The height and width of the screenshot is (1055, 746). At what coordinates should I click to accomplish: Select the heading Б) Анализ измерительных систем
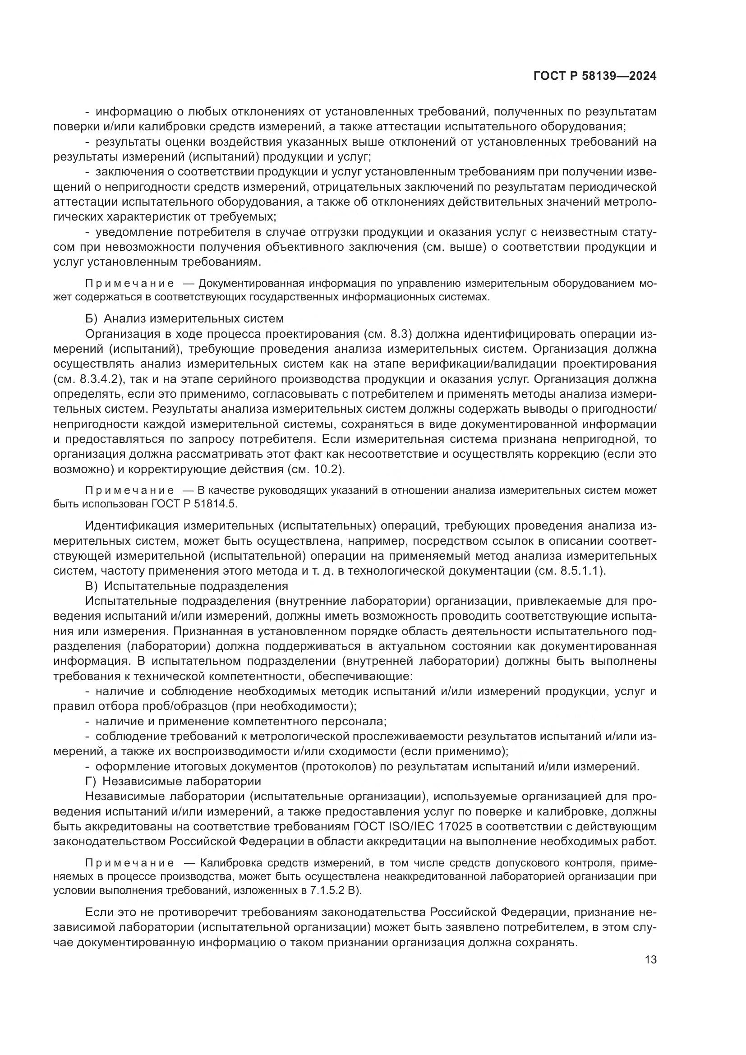tap(184, 318)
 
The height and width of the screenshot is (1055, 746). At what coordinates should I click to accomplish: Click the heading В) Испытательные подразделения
tap(187, 586)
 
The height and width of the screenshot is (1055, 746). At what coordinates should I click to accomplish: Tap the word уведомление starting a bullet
tap(132, 232)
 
